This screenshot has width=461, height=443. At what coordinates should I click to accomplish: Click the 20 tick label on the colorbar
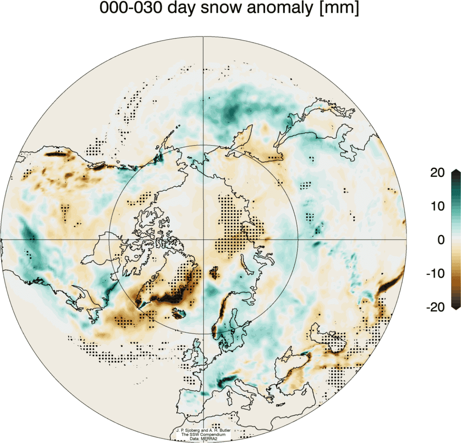click(438, 173)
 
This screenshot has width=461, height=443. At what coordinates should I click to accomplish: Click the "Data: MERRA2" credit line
click(203, 438)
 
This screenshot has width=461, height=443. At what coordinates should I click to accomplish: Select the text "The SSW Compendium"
click(203, 434)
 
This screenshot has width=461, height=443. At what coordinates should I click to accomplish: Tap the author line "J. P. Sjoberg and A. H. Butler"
click(203, 430)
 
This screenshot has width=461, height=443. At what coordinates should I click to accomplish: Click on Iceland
click(179, 313)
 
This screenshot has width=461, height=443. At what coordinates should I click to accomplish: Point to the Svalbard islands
click(214, 272)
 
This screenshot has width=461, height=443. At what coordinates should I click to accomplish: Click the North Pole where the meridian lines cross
click(204, 239)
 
